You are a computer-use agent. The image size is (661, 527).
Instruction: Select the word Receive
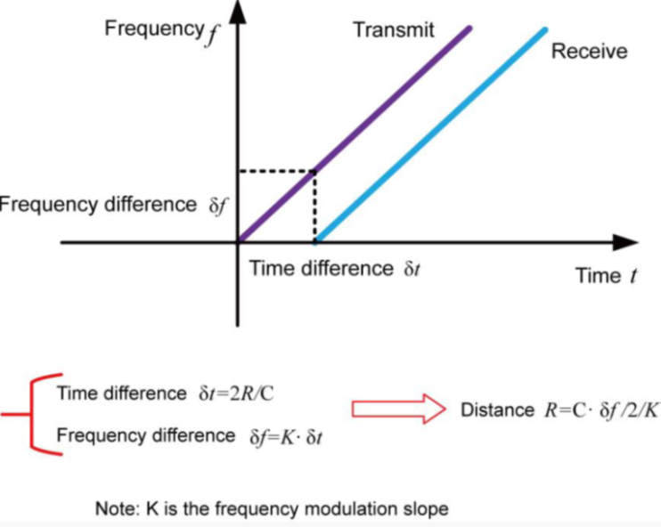click(589, 51)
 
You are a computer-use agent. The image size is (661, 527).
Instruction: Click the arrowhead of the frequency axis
click(237, 12)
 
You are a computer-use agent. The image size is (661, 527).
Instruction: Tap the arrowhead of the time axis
click(627, 242)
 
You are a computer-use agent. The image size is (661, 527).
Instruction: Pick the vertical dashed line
click(314, 205)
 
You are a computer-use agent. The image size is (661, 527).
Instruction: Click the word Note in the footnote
click(114, 508)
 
